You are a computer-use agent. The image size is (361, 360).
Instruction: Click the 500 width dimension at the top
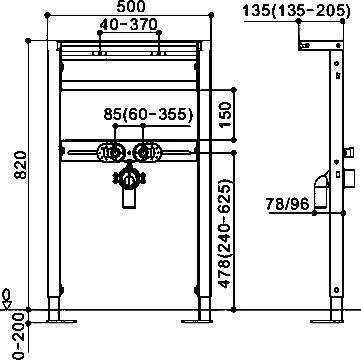point(131,6)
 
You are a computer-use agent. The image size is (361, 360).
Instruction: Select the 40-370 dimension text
point(128,24)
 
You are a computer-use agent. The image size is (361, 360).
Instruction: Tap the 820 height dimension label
point(21,165)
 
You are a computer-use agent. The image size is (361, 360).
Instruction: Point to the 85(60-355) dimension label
point(148,115)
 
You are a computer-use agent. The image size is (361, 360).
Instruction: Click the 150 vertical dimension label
point(226,115)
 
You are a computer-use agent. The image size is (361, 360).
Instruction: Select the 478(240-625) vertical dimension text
point(225,233)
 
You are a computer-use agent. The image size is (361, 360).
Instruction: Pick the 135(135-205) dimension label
point(297,11)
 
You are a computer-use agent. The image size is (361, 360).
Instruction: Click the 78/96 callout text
point(288,204)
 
